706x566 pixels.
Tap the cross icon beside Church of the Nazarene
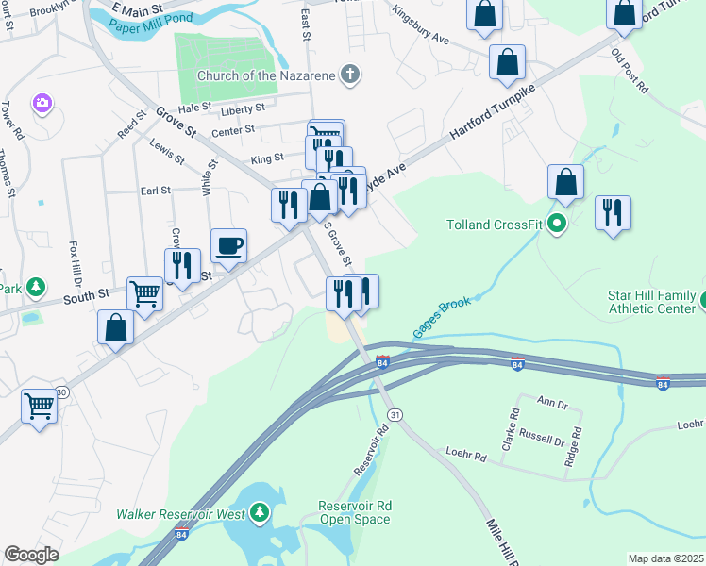point(350,74)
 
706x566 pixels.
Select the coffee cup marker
point(228,247)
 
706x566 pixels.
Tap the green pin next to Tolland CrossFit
point(557,224)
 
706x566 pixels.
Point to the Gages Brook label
point(441,317)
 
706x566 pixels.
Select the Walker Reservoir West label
point(180,514)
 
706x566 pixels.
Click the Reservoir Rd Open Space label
point(355,513)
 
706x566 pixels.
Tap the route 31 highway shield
point(395,415)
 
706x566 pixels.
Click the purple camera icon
point(41,102)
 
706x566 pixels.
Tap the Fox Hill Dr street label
point(75,266)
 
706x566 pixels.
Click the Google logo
point(31,555)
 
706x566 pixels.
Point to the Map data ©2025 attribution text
point(664,558)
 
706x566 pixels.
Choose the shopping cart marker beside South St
point(144,293)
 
